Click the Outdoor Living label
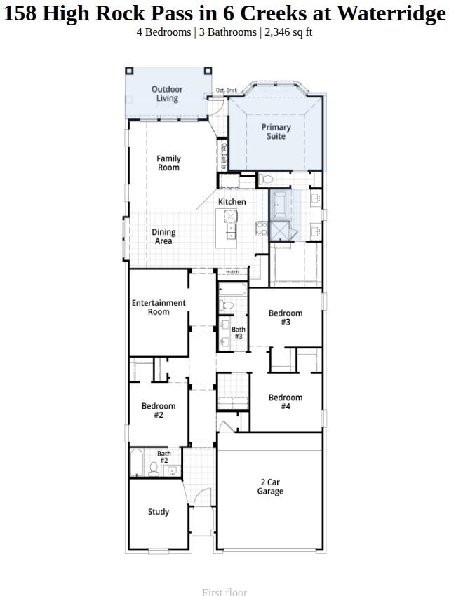167,94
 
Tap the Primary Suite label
276,132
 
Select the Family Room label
168,163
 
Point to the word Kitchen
232,202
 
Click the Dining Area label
163,237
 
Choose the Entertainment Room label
159,307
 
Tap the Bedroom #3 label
286,318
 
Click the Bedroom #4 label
286,402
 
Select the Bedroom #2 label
159,410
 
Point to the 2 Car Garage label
270,487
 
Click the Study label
158,512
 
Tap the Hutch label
232,272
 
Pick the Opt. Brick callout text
226,90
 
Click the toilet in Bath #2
154,467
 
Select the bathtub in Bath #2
137,463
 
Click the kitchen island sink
231,217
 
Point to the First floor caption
224,592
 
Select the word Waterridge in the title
391,13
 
